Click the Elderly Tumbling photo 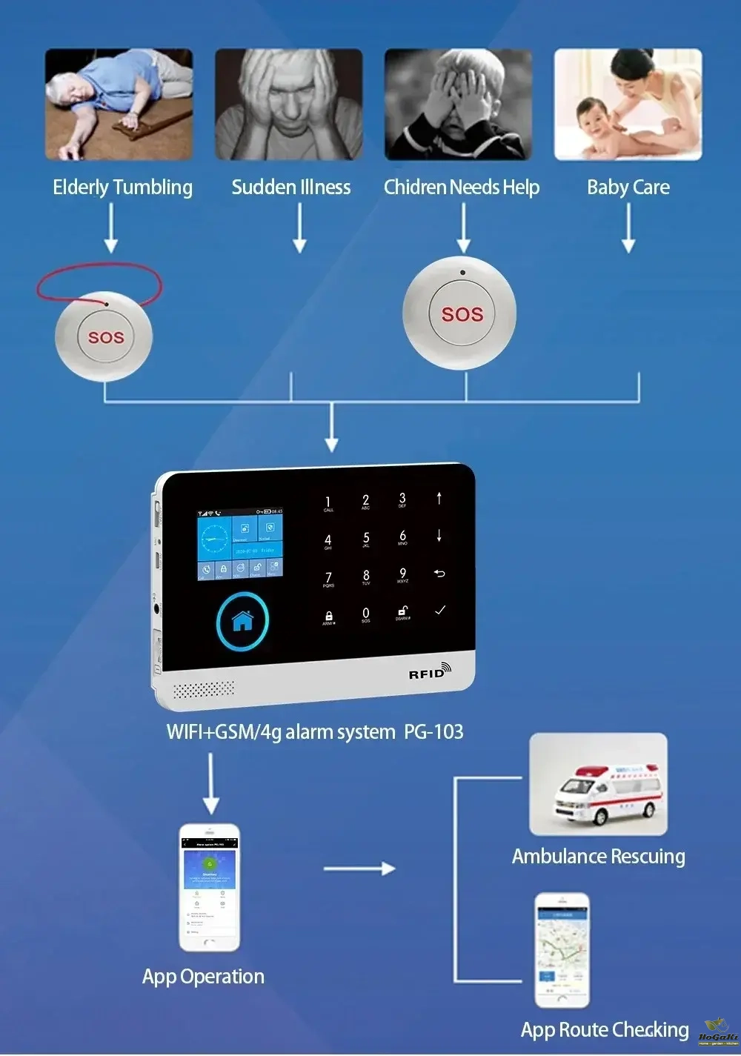(119, 104)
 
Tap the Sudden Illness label (291, 187)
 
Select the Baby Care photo (628, 104)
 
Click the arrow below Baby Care (628, 228)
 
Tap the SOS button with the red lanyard (106, 337)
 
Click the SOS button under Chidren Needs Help (462, 314)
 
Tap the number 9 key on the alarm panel (402, 574)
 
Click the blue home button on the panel (242, 621)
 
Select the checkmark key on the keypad (440, 610)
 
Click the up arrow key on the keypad (439, 498)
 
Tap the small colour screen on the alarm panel (239, 544)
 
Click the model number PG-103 (433, 732)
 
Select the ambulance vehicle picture (598, 785)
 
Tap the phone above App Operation (210, 887)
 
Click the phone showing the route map (562, 949)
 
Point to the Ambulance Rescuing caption (599, 857)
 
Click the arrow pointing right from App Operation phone (360, 869)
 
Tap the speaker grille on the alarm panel (204, 690)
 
